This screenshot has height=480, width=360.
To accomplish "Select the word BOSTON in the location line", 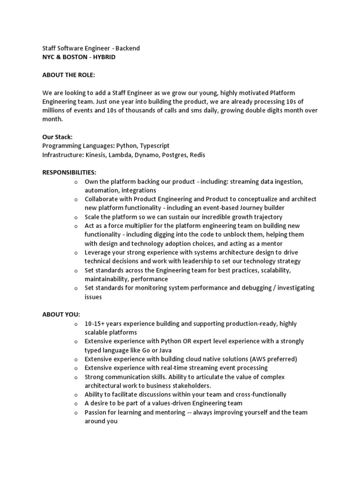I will (x=76, y=57).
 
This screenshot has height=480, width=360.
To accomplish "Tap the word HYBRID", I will (x=104, y=57).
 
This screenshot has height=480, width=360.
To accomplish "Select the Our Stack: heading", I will (x=57, y=137).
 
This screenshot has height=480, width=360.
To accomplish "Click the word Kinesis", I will (x=95, y=155).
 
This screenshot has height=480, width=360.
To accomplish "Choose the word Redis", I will (x=197, y=155).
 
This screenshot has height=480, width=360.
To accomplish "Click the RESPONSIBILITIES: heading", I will (x=69, y=172).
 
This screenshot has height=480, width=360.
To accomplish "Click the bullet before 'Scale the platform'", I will (x=76, y=217).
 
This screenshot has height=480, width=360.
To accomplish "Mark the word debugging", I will (x=250, y=288).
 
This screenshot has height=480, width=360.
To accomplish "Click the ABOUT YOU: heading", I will (x=61, y=315).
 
